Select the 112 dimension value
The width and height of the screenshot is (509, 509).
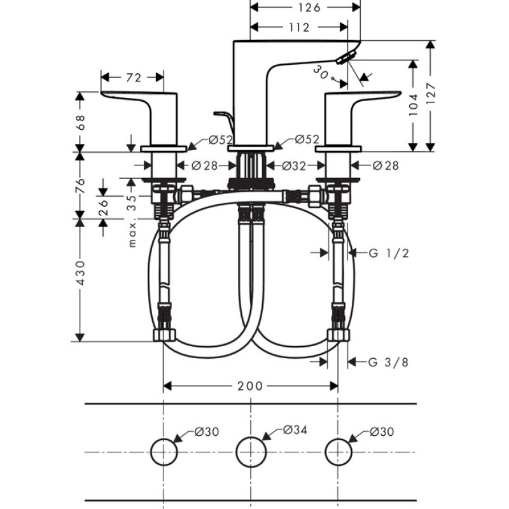298,27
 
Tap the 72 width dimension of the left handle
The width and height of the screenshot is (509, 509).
133,78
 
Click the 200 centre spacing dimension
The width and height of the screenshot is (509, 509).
251,386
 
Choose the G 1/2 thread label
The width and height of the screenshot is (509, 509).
388,253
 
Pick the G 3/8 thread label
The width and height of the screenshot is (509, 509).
388,363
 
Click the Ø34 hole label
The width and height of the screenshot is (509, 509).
295,431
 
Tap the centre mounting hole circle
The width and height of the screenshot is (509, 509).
251,452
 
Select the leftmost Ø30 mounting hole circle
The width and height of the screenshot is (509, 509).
164,452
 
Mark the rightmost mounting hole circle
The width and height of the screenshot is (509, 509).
338,452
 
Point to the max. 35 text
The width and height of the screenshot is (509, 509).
132,220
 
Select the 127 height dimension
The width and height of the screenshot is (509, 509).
431,95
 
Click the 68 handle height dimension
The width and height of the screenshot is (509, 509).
80,122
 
